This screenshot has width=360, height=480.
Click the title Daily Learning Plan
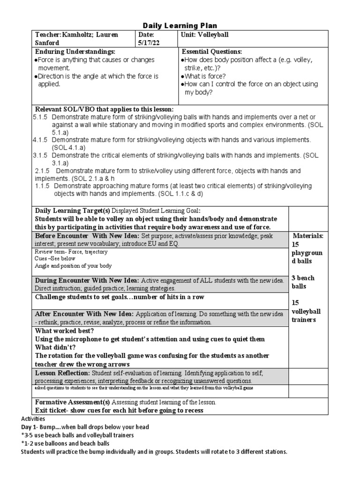point(180,25)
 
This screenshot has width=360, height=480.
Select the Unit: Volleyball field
point(202,35)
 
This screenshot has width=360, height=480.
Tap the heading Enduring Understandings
point(75,51)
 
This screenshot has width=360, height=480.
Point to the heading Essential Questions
point(212,51)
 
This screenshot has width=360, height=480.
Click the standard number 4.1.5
point(42,140)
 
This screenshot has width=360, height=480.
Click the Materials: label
point(308,235)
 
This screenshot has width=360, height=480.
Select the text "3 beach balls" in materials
point(303,282)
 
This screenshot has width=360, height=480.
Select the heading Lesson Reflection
point(63,373)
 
